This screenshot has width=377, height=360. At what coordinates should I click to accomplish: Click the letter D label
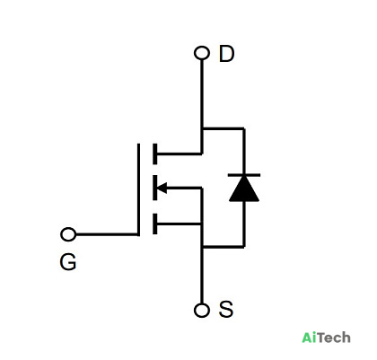coord(226,54)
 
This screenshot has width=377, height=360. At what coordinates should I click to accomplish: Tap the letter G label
coord(68,262)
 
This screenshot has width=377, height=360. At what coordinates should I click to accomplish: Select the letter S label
coord(226,309)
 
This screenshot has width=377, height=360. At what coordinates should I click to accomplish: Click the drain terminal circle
coord(202,53)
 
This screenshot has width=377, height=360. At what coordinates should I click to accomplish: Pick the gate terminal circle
coord(68,234)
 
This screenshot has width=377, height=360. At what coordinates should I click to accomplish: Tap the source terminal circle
coord(202,310)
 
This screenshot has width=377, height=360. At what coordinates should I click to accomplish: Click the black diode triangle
coord(244,189)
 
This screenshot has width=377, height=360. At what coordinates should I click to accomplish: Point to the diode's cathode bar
coord(244,175)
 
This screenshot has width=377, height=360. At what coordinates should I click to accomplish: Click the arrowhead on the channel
coord(162,189)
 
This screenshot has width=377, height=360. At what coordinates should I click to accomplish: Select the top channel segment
coord(154,154)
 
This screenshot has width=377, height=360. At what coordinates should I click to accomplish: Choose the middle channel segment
coord(154,188)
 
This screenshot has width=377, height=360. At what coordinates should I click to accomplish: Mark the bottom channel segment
coord(154,224)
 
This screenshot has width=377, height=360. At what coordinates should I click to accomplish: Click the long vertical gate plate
coord(138,189)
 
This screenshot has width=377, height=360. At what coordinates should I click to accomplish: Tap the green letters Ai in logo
coord(309,338)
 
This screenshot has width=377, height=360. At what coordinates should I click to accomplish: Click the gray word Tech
coord(334,338)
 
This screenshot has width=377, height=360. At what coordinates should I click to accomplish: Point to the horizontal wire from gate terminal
coord(107,234)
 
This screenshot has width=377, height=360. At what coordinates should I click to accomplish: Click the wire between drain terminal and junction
coord(202,93)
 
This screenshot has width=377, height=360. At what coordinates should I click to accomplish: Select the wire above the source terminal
coord(202,276)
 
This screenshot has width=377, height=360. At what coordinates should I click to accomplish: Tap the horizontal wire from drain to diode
coord(224,128)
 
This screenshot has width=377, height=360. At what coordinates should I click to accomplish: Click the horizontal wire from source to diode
coord(224,247)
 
